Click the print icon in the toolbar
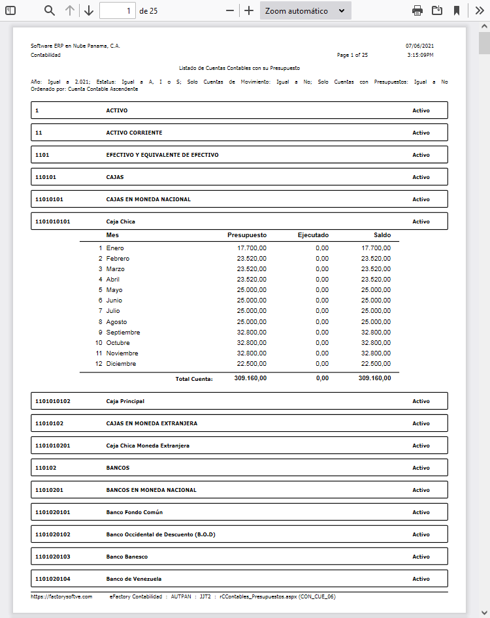click(417, 10)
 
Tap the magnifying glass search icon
click(50, 10)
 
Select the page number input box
click(118, 10)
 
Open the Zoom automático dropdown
click(305, 10)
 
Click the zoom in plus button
click(248, 10)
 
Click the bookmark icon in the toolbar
click(457, 10)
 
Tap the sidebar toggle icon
click(10, 10)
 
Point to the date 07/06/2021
click(419, 46)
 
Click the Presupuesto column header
click(247, 235)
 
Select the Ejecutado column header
click(313, 235)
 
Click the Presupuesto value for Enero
click(252, 248)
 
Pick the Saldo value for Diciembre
click(376, 364)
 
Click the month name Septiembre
click(123, 333)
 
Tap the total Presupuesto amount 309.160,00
click(250, 378)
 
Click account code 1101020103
click(52, 557)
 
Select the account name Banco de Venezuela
click(133, 579)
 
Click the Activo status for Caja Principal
click(421, 401)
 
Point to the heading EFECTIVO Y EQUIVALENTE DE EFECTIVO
click(162, 155)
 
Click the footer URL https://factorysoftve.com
click(61, 596)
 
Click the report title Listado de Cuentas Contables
click(239, 67)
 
